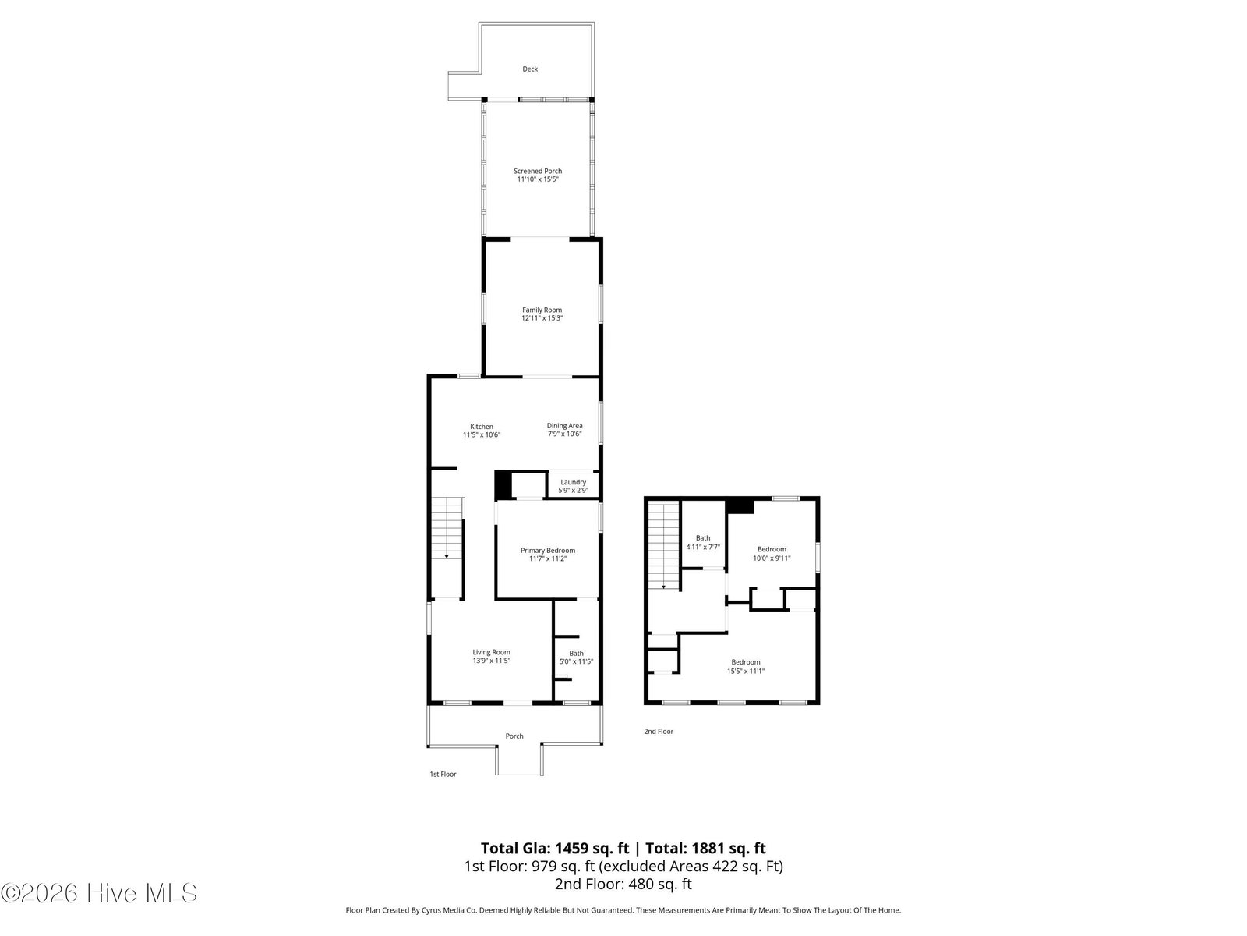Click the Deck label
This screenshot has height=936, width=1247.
[530, 69]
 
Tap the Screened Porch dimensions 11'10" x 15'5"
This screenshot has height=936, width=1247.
[538, 179]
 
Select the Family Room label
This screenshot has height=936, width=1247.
[542, 310]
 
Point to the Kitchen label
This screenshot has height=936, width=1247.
[481, 427]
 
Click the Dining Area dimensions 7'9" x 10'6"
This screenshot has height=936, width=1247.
[565, 434]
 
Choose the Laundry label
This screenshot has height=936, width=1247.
[573, 483]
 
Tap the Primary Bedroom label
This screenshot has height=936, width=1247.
[548, 551]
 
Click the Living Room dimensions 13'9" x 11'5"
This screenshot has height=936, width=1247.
[492, 661]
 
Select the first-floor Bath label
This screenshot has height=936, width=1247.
[576, 654]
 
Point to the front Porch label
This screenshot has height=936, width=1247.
[514, 736]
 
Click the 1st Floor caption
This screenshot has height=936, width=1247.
[443, 774]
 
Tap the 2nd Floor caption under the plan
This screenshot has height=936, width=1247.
[659, 732]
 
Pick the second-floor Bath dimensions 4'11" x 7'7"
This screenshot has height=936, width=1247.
[703, 548]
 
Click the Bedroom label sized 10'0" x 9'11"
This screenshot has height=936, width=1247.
[772, 550]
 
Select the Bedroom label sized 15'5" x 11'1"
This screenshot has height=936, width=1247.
[745, 662]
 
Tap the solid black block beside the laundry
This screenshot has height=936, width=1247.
[503, 484]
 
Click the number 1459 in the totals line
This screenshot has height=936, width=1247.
[574, 849]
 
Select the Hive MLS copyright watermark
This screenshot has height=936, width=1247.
[99, 893]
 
